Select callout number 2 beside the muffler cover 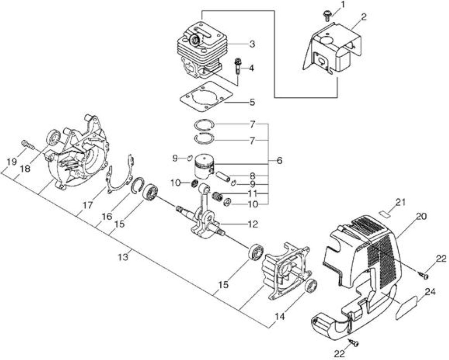(x=363, y=18)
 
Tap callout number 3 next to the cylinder (x=252, y=44)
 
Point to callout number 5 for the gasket (x=252, y=102)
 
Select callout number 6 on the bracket (x=279, y=161)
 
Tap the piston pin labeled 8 (x=223, y=176)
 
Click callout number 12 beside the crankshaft (x=253, y=224)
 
